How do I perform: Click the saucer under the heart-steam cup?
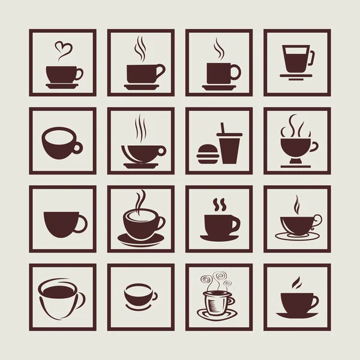pos(62,86)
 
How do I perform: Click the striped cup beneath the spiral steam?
pos(217,303)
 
